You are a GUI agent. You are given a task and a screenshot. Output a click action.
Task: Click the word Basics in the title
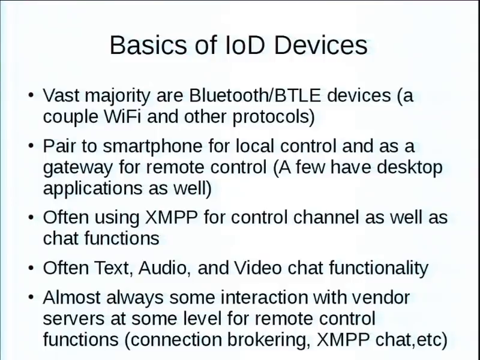(x=148, y=45)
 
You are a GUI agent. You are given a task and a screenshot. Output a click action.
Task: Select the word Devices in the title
(x=320, y=45)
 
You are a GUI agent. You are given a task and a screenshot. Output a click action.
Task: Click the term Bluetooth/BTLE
(x=255, y=95)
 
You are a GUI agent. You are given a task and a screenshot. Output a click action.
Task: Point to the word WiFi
(x=122, y=116)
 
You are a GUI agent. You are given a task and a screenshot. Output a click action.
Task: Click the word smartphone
(x=152, y=146)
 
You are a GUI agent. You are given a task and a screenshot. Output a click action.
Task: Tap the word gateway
(x=78, y=168)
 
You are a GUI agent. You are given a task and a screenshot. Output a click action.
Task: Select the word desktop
(x=409, y=167)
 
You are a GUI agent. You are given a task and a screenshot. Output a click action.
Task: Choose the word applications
(x=93, y=188)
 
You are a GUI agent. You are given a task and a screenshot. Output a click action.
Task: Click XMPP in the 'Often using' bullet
(x=171, y=217)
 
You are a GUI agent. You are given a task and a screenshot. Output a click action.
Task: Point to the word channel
(x=326, y=217)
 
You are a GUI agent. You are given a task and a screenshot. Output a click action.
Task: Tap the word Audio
(x=163, y=268)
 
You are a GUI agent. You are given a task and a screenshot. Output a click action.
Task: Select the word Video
(x=258, y=268)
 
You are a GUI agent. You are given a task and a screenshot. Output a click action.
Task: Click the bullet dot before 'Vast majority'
(x=31, y=95)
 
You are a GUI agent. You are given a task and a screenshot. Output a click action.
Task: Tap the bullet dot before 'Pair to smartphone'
(x=31, y=146)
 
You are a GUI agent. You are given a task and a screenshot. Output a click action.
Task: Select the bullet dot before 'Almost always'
(x=31, y=297)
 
